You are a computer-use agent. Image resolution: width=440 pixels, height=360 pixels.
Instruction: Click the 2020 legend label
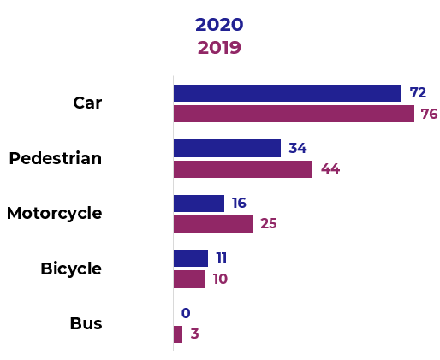219,25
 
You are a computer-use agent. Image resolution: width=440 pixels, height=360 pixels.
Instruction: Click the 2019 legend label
219,48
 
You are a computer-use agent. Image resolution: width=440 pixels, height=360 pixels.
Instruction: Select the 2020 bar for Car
287,93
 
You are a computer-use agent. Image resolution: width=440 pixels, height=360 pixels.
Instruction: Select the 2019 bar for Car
294,114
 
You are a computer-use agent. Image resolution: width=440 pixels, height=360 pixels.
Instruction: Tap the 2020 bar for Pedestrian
227,148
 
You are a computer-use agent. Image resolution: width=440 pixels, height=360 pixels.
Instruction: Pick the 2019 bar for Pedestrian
243,169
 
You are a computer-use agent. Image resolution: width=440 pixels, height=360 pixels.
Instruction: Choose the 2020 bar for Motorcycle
199,204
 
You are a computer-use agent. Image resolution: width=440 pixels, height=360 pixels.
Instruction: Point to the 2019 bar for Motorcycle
213,224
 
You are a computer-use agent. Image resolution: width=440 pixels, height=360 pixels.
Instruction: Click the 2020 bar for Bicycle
190,258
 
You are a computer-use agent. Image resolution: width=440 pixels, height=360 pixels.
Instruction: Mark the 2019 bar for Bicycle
189,280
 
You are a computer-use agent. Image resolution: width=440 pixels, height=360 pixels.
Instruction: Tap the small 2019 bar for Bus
178,334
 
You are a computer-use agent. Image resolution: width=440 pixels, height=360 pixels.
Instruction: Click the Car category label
87,103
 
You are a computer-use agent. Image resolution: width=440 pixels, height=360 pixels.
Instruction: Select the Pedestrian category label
56,158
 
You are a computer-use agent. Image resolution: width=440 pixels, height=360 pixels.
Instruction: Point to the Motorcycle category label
54,214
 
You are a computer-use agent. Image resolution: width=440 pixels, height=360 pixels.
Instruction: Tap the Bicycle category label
71,269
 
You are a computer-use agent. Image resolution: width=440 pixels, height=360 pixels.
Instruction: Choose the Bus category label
86,324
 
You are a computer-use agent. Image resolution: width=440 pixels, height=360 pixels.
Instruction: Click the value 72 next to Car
418,93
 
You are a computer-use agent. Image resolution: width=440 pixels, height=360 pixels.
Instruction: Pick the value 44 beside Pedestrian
330,169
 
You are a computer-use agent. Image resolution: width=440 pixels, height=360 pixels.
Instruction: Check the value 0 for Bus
185,314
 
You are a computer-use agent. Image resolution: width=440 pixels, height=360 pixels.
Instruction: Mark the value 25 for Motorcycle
269,224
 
